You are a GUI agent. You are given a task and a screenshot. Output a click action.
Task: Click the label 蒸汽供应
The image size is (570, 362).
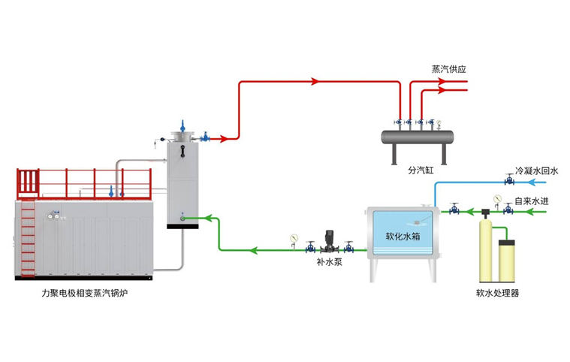(448, 68)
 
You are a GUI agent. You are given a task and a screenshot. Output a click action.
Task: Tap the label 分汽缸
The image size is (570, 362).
(421, 170)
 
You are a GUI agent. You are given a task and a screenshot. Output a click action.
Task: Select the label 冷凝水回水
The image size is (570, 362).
(536, 171)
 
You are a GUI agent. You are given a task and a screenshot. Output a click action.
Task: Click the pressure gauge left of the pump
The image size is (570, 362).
(294, 240)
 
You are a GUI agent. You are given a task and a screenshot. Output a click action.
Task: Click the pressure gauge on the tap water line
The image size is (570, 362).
(496, 199)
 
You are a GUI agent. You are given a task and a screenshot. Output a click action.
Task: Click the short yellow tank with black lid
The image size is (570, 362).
(506, 260)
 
